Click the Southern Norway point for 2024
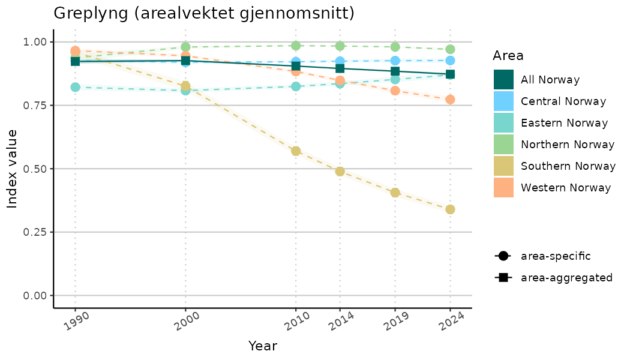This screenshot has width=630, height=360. pyautogui.click(x=450, y=209)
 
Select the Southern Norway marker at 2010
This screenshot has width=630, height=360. pyautogui.click(x=296, y=151)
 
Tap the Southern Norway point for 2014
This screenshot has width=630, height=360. pyautogui.click(x=340, y=172)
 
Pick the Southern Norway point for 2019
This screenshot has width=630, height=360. pyautogui.click(x=395, y=193)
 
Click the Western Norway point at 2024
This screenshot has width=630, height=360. pyautogui.click(x=450, y=99)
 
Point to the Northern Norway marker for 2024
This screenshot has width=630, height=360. pyautogui.click(x=450, y=49)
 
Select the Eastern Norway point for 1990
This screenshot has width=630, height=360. pyautogui.click(x=75, y=87)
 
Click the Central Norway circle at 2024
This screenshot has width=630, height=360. pyautogui.click(x=450, y=61)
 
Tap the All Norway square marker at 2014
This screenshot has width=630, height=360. pyautogui.click(x=340, y=68)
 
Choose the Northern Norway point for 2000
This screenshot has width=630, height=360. pyautogui.click(x=185, y=47)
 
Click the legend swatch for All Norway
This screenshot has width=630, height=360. pyautogui.click(x=503, y=80)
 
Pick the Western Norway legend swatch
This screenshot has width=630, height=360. pyautogui.click(x=503, y=188)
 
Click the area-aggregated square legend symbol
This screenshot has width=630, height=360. pyautogui.click(x=502, y=278)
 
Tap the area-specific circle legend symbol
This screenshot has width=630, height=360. pyautogui.click(x=502, y=256)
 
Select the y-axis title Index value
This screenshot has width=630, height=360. pyautogui.click(x=13, y=169)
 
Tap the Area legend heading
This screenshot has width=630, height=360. pyautogui.click(x=508, y=56)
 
